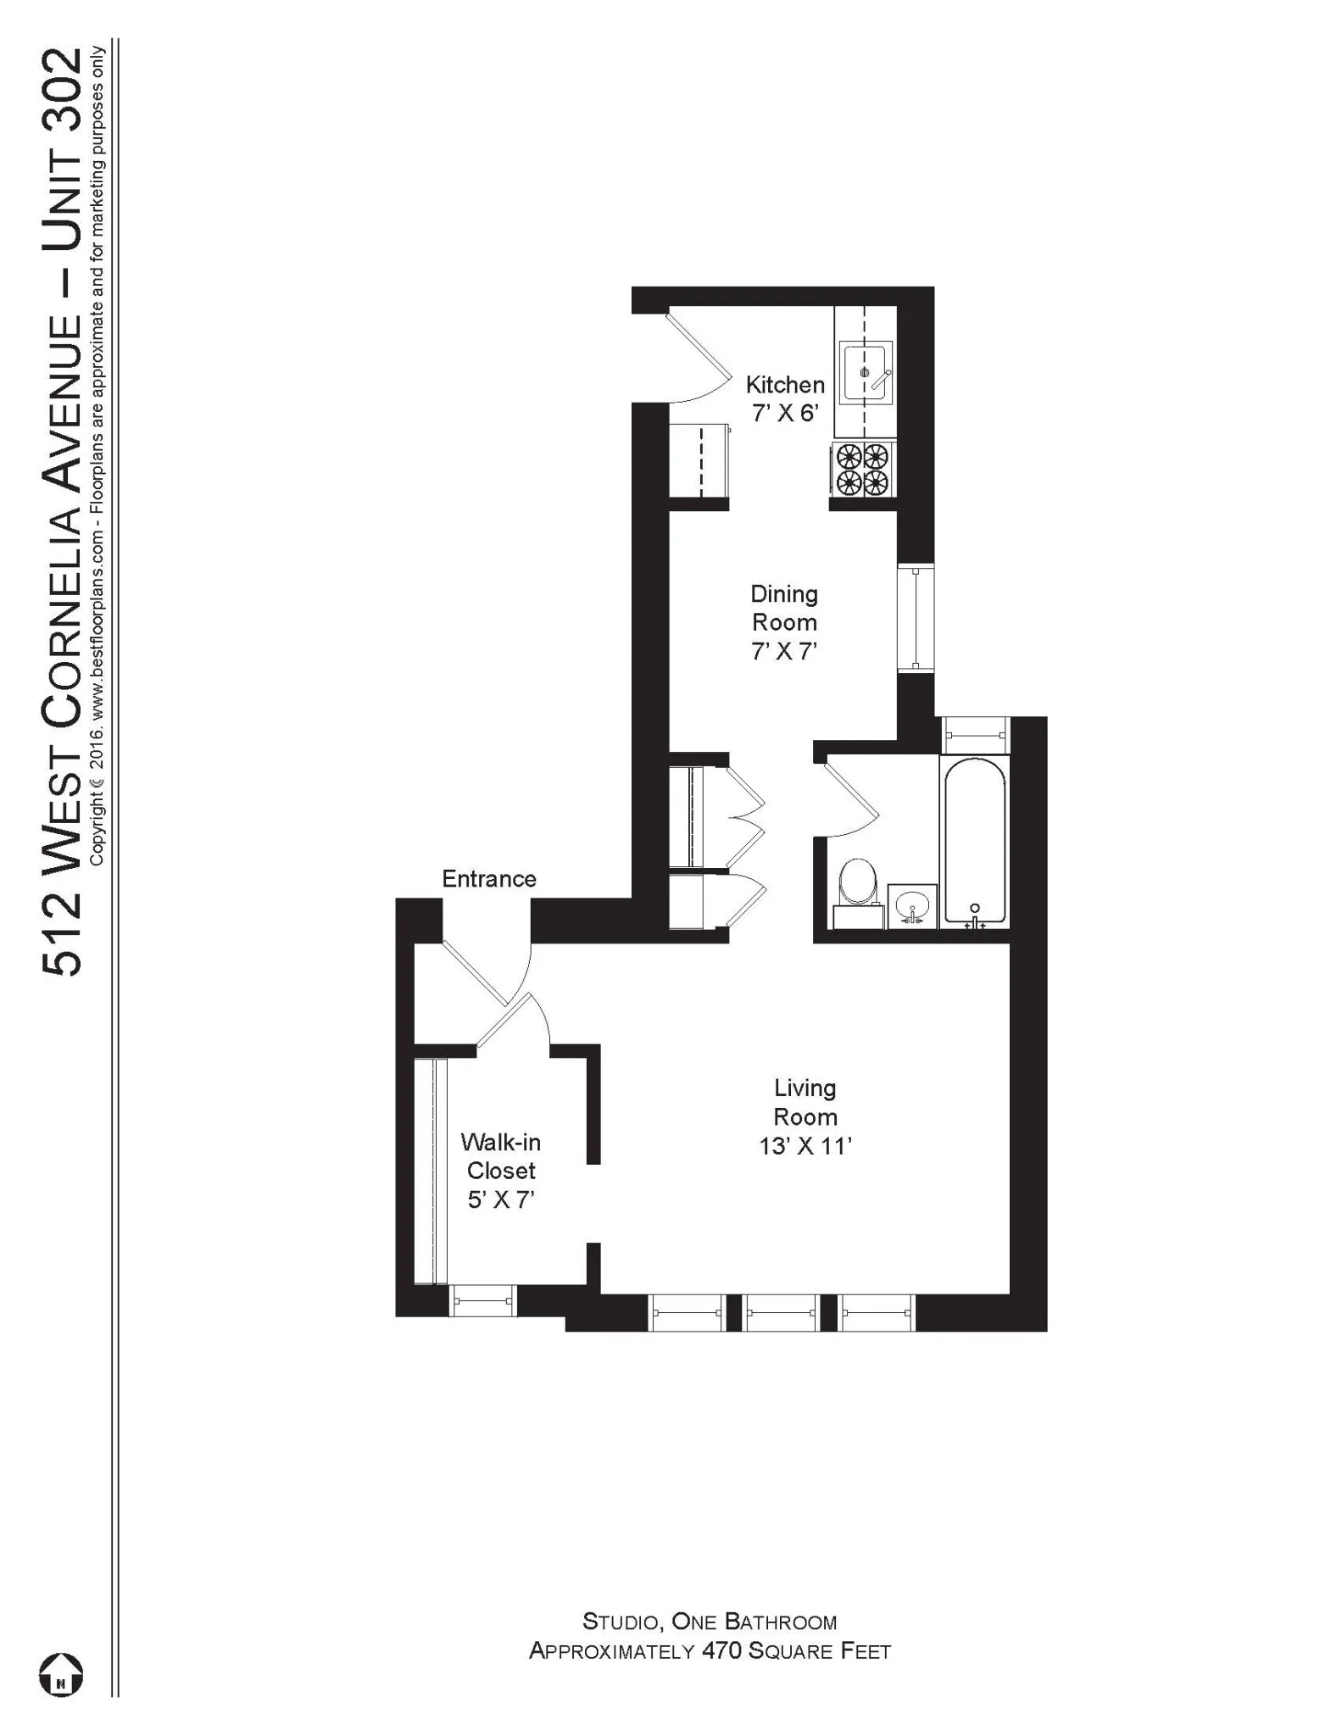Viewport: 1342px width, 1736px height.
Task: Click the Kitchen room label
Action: coord(784,385)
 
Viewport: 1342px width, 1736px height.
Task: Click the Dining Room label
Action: coord(784,608)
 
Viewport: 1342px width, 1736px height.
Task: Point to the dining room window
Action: coord(916,618)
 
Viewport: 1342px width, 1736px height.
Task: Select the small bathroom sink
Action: coord(912,905)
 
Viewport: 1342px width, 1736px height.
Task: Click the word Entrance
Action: coord(489,878)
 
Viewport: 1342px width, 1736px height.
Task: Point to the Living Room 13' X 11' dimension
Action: coord(805,1146)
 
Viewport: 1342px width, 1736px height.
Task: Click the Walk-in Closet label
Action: coord(501,1156)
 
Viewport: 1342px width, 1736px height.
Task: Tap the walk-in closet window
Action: coord(482,1299)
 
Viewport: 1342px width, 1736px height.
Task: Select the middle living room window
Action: coord(782,1311)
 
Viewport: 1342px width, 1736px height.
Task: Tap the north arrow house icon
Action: coord(61,1675)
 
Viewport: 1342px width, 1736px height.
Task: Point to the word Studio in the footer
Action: coord(621,1622)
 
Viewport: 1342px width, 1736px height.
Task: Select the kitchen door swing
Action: coord(700,359)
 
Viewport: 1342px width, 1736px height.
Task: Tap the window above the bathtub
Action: coord(977,734)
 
